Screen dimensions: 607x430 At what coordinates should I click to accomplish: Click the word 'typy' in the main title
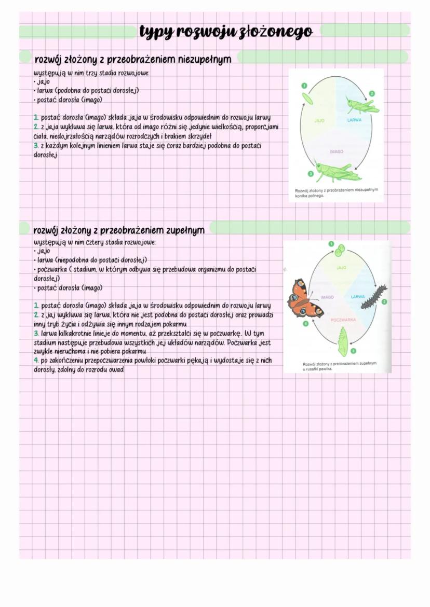click(x=156, y=32)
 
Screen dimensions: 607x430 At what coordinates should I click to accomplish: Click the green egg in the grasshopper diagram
click(x=307, y=98)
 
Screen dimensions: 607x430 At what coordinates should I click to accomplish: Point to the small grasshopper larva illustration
click(x=362, y=106)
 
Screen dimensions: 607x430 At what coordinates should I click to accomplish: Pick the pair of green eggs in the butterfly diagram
click(x=339, y=252)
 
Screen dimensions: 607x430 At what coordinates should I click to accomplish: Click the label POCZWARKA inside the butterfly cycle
click(x=342, y=320)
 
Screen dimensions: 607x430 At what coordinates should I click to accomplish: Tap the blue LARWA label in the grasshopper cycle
click(x=355, y=120)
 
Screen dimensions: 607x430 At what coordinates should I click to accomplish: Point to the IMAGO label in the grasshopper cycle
click(x=337, y=152)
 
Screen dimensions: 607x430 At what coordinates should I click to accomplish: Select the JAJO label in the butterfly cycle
click(x=341, y=268)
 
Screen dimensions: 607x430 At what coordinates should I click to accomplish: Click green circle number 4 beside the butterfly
click(x=306, y=323)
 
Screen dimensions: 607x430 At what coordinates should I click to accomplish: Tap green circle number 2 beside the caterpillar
click(x=384, y=301)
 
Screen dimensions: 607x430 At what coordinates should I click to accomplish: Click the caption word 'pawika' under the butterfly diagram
click(x=322, y=369)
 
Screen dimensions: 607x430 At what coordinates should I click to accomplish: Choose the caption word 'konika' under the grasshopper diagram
click(x=302, y=196)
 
